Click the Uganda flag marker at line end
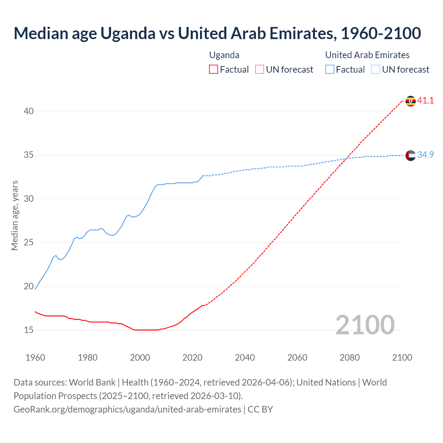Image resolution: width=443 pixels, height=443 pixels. [x=410, y=101]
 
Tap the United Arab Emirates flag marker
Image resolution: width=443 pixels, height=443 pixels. [x=410, y=155]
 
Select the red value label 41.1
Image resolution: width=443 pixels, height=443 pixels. [x=425, y=101]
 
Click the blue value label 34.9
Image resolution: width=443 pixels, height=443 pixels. [x=425, y=155]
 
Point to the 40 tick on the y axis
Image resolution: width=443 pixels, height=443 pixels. [x=29, y=111]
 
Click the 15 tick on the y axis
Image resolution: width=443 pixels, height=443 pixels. [x=29, y=330]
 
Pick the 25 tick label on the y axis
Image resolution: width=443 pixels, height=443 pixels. [x=29, y=243]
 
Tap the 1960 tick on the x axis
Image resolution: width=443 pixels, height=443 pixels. [x=35, y=358]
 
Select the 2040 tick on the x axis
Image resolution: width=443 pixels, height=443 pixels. [x=245, y=358]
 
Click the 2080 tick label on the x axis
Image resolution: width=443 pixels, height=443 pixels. [x=350, y=358]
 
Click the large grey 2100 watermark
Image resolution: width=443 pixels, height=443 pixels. [x=365, y=325]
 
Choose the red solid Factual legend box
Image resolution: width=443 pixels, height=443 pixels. [x=214, y=70]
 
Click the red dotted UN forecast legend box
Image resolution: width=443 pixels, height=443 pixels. [x=260, y=70]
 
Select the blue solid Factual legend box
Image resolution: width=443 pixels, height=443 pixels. [x=330, y=70]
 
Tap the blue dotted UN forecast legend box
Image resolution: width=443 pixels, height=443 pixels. [x=376, y=70]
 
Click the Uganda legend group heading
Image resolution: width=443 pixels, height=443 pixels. [x=224, y=55]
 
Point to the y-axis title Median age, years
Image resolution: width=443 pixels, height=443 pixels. [x=15, y=215]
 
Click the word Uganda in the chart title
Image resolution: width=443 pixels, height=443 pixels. [x=128, y=33]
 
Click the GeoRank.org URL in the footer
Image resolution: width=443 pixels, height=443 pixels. [x=127, y=409]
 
